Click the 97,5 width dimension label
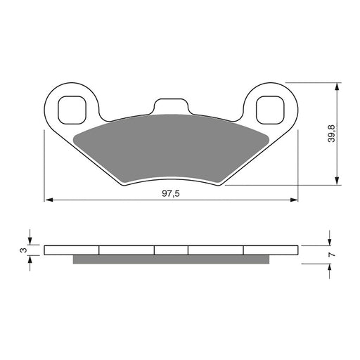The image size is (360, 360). coord(172,193)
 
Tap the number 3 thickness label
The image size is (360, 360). coord(22,250)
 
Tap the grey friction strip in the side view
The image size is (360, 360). coord(172,259)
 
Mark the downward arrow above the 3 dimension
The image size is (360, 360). coord(30,240)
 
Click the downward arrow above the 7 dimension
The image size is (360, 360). coord(329,240)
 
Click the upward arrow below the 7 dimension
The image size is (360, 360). coord(329,269)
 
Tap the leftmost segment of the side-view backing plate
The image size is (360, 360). coord(72,250)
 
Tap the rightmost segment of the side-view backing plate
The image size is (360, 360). coord(271,250)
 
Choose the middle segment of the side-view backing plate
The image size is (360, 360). coord(172,250)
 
